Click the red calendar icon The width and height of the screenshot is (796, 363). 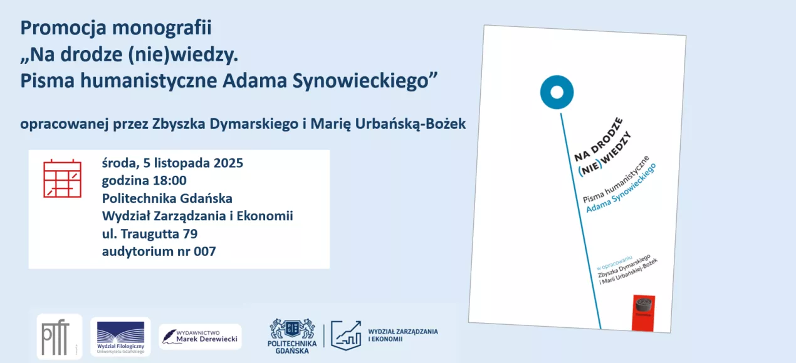(x=63, y=178)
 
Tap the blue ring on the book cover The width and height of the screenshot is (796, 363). (x=557, y=93)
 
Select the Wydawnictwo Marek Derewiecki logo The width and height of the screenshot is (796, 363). (x=200, y=337)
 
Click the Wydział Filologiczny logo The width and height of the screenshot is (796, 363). (x=121, y=337)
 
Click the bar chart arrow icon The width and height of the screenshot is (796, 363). (x=346, y=334)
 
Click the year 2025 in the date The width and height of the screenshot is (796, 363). (x=228, y=163)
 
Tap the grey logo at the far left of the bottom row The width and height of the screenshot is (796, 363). (x=60, y=336)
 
